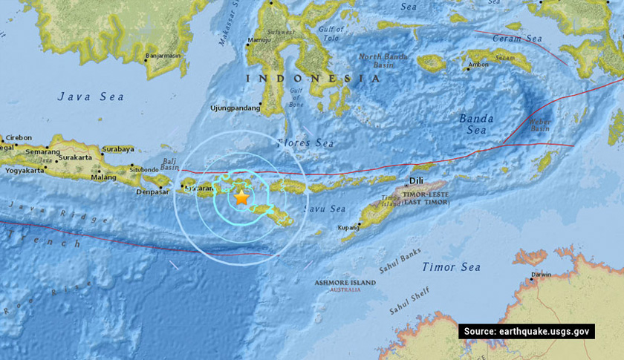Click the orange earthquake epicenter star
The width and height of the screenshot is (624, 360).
pos(241,197)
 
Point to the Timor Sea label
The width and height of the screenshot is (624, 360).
pos(451,266)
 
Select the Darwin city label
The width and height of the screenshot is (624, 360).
pos(541,275)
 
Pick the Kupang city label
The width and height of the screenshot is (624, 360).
pos(348,228)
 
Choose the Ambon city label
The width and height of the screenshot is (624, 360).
pos(478,66)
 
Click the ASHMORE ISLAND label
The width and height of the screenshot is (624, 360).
pos(344,283)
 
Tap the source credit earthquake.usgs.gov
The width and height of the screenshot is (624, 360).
pos(527,331)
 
